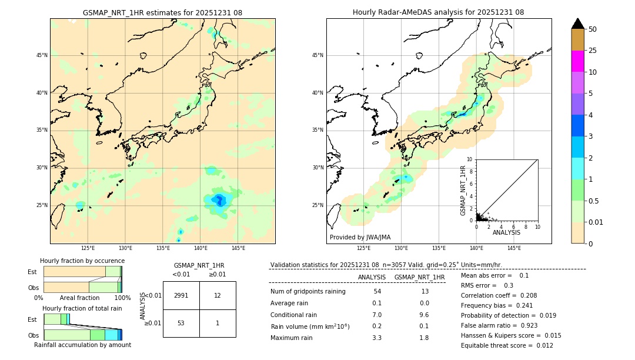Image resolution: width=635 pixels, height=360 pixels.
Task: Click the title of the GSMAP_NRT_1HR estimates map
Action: point(162,12)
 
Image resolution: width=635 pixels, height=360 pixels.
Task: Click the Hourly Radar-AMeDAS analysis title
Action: point(438,12)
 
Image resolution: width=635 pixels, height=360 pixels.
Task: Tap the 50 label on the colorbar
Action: point(593,29)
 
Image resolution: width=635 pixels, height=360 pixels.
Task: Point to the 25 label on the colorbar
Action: point(593,51)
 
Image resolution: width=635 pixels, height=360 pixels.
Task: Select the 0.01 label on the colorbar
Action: point(595,222)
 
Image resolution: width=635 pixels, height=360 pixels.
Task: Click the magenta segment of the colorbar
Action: point(577,61)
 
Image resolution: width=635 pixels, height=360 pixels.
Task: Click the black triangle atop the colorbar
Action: point(577,24)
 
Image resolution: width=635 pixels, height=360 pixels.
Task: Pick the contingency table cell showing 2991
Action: point(181,295)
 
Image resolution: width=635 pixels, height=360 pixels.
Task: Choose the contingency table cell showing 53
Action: point(181,323)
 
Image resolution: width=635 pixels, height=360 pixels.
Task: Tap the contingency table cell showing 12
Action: point(218,295)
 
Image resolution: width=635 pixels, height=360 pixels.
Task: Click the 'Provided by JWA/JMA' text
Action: point(360,237)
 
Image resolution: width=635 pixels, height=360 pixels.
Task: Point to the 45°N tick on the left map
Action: point(42,55)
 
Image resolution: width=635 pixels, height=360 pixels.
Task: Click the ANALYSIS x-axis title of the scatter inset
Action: point(506,232)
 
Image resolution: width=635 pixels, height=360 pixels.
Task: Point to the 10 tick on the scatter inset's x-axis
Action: point(537,226)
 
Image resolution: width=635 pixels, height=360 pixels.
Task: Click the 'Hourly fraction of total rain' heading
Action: point(82,308)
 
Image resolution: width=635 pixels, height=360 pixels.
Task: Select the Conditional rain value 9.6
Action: point(424,315)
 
